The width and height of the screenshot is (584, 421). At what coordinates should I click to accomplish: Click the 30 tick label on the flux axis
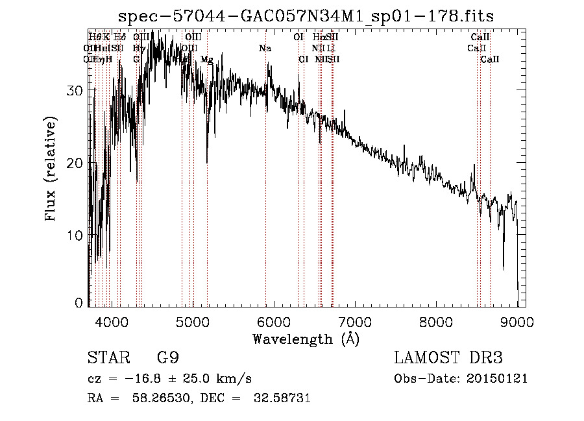(75, 91)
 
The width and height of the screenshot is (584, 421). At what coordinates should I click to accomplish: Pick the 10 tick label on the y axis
(75, 235)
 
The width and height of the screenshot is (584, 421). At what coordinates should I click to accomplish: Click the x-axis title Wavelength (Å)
(306, 339)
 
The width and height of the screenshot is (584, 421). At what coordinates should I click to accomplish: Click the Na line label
(265, 49)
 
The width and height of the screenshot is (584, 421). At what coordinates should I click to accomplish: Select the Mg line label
(207, 60)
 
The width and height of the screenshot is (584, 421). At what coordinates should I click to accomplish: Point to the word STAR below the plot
(107, 358)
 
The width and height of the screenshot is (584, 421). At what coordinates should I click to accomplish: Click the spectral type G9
(167, 358)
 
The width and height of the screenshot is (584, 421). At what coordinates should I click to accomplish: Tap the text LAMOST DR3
(448, 358)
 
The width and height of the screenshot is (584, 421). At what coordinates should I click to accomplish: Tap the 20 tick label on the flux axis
(75, 163)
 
